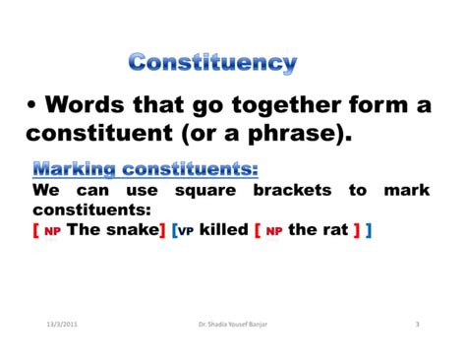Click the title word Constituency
click(212, 65)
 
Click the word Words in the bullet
click(93, 104)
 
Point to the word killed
click(223, 230)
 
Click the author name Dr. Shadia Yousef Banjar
click(231, 325)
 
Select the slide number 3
click(417, 325)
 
